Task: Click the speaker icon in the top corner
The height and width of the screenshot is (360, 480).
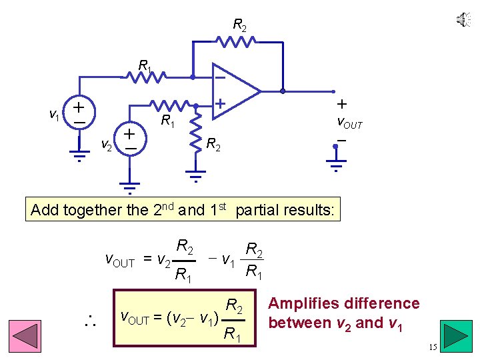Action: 463,20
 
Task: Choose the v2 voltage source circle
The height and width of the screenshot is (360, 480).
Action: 129,139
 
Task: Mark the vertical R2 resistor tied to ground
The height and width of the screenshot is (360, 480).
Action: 195,131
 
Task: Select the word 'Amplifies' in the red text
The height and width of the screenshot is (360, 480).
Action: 303,304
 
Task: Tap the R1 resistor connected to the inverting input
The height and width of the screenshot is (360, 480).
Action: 147,77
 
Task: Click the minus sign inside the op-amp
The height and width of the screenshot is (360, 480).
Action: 219,77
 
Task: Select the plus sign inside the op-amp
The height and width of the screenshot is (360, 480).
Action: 219,103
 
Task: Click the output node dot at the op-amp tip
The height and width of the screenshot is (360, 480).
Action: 283,91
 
